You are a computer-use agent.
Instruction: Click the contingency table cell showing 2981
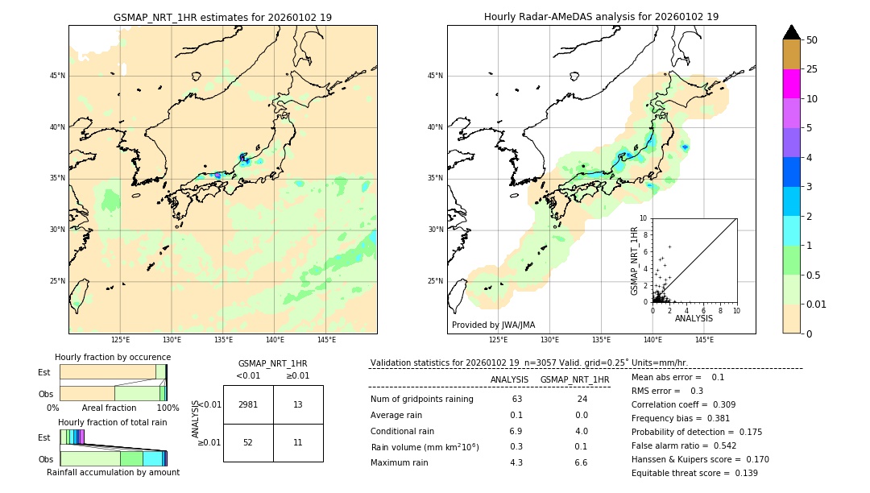[248, 404]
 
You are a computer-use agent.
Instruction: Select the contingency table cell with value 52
[248, 443]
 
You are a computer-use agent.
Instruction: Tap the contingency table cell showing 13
[298, 404]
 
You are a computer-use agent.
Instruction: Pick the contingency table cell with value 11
[298, 443]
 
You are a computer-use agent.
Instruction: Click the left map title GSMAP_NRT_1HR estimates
[222, 17]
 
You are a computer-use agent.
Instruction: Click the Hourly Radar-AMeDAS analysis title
[601, 17]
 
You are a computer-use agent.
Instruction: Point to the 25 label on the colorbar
[812, 69]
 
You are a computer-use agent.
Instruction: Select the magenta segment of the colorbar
[792, 84]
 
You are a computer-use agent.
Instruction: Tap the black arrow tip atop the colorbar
[792, 31]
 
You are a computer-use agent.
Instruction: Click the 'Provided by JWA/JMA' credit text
[493, 325]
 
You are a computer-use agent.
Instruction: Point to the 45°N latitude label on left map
[57, 76]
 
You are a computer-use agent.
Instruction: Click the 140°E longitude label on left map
[275, 340]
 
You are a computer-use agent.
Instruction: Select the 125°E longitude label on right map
[499, 340]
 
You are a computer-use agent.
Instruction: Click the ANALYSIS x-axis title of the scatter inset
[694, 318]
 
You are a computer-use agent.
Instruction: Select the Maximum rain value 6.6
[580, 462]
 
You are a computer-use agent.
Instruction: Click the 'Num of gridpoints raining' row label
[422, 400]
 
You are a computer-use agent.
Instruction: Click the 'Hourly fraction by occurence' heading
[113, 357]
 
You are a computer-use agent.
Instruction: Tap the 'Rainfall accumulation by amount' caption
[113, 472]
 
